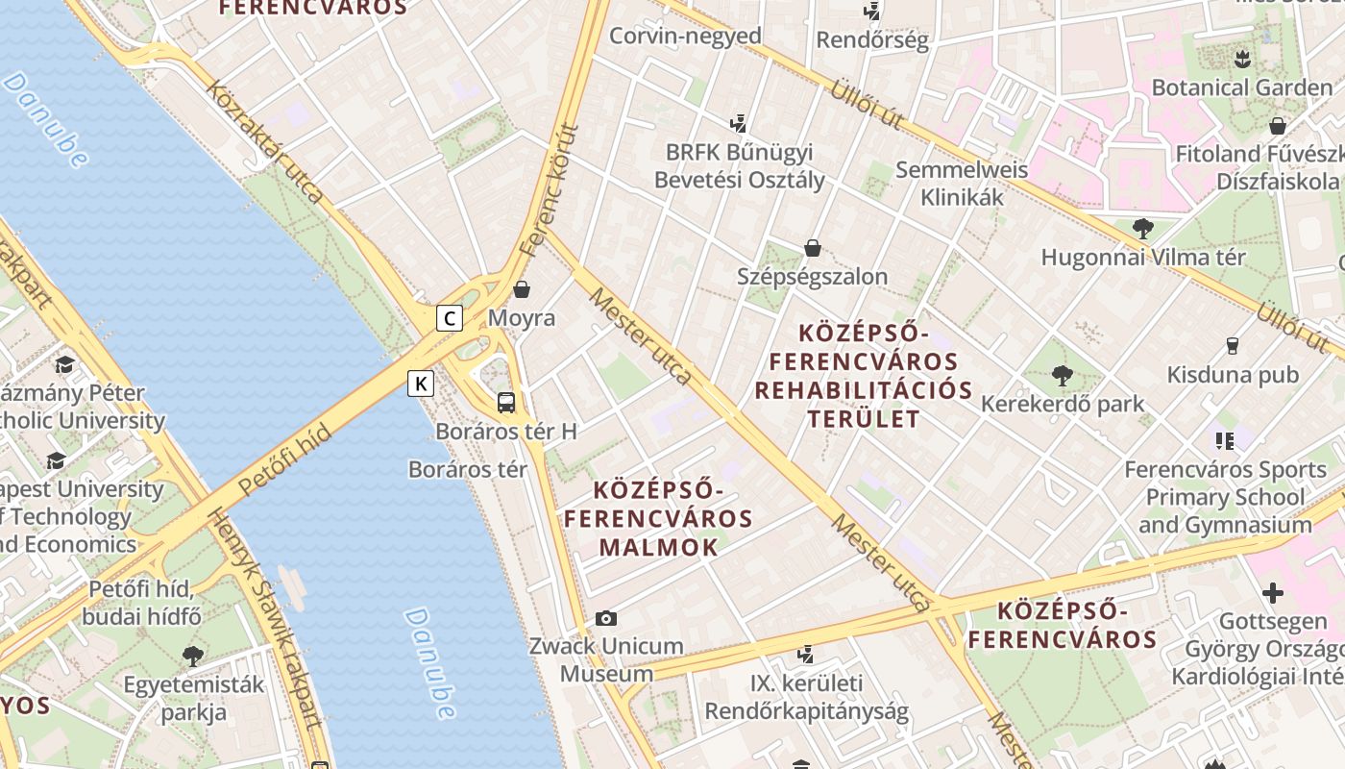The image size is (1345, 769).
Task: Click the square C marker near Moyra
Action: coord(449,318)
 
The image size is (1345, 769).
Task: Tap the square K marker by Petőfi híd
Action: coord(421,384)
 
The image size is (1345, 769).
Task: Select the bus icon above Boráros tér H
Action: coord(506,403)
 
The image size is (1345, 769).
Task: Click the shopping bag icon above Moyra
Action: coord(522,288)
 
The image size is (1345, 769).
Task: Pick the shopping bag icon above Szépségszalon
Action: coord(813,248)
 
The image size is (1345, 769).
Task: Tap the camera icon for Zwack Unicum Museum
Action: coord(606,618)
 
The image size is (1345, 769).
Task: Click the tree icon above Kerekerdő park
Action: coord(1062,375)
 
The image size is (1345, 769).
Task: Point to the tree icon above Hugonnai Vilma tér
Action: coord(1142,229)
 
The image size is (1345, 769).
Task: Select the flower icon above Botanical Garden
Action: coord(1241,59)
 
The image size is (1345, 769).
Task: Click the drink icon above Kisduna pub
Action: coord(1233,346)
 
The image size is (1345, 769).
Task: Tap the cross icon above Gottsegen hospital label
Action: coord(1273,593)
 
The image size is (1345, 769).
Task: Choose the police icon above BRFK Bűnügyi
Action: coord(738,123)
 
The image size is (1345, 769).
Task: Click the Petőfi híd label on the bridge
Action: coord(284,460)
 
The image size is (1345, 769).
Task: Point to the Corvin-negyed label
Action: coord(685,37)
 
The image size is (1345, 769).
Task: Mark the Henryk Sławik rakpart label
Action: coord(279,626)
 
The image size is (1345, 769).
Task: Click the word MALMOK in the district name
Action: coord(658,548)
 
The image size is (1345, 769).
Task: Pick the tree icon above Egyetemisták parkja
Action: coord(192,657)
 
